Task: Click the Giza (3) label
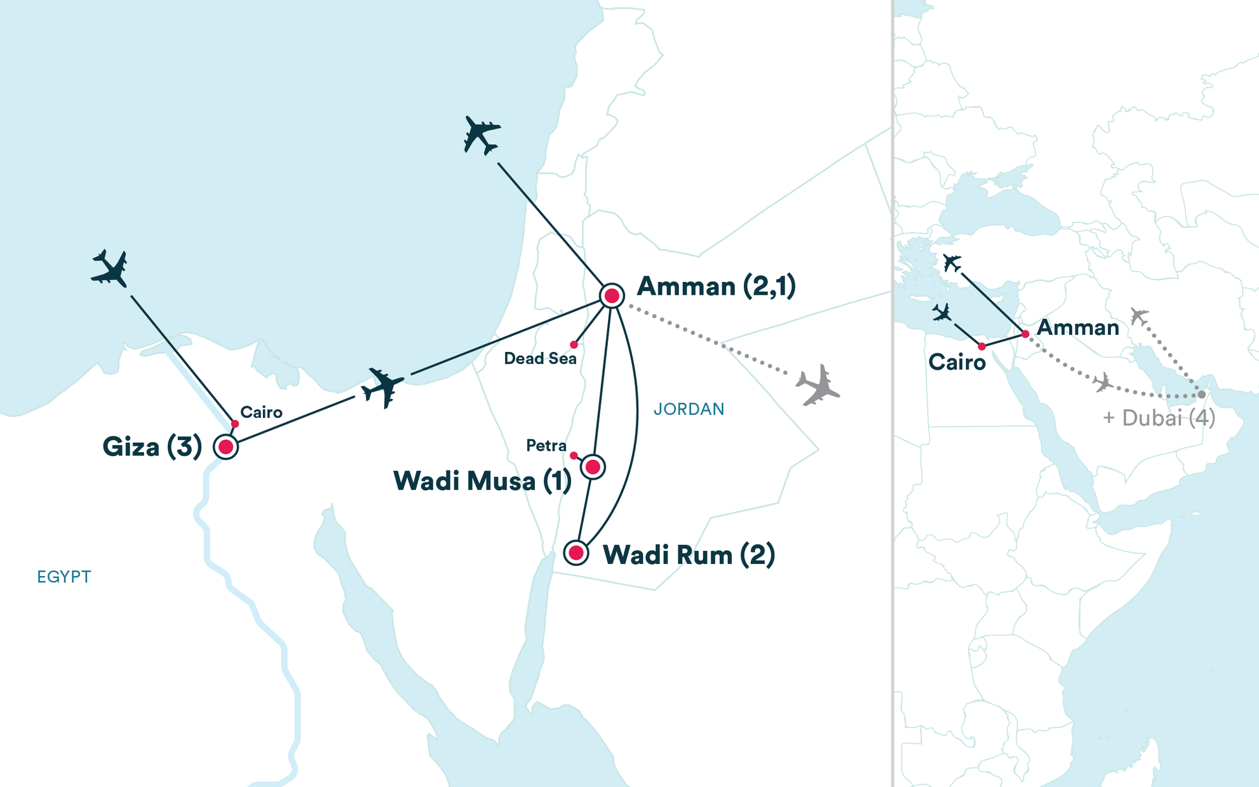pos(152,447)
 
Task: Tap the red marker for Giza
pos(226,447)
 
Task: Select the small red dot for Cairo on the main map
pos(235,424)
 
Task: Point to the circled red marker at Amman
pos(612,295)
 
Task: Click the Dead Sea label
pos(540,359)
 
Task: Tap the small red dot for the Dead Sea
pos(574,345)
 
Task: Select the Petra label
pos(546,446)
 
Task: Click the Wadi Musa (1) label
pos(482,481)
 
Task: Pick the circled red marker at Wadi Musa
pos(593,467)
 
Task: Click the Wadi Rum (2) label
pos(689,555)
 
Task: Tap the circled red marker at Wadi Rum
pos(576,553)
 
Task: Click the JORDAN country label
pos(689,409)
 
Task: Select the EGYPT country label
pos(64,577)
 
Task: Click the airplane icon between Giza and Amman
pos(382,386)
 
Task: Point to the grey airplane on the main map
pos(818,384)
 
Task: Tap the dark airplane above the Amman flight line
pos(481,135)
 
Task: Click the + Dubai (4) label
pos(1159,418)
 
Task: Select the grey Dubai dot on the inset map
pos(1201,394)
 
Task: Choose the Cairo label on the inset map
pos(957,363)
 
